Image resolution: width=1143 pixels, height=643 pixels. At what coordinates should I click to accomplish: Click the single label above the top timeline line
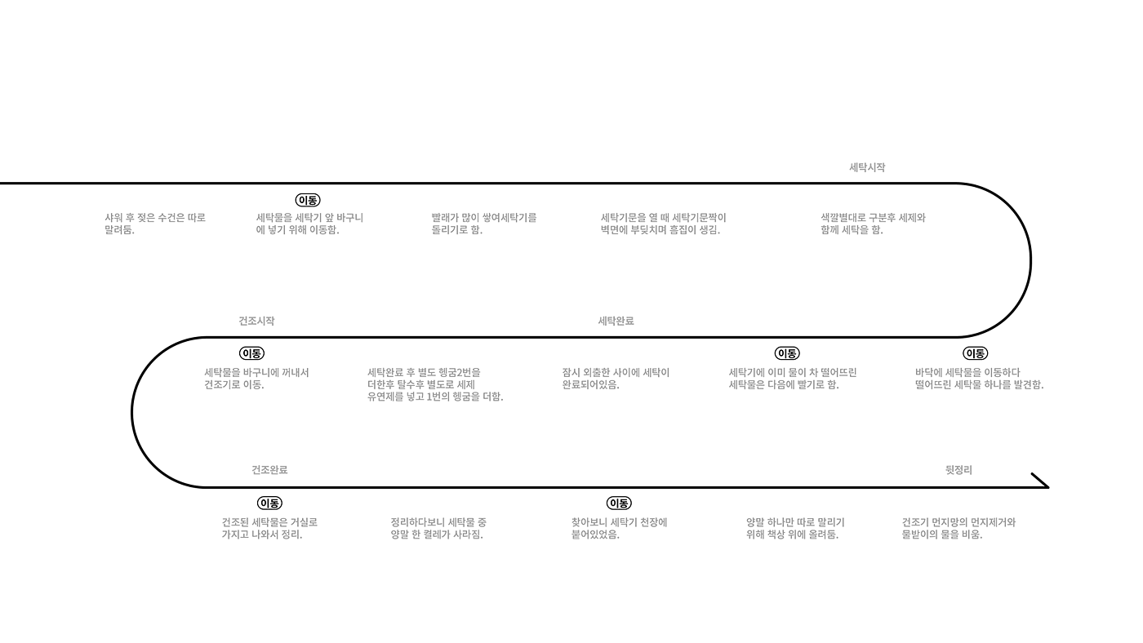[867, 167]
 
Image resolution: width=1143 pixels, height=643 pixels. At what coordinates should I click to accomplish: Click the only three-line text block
[434, 384]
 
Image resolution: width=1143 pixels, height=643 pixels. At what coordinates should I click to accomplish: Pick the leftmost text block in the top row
[154, 224]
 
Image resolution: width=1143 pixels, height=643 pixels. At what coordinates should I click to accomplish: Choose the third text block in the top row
[483, 224]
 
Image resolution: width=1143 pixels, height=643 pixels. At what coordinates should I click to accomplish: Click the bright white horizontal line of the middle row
[571, 338]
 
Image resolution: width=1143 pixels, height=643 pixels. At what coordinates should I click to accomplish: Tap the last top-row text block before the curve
[873, 224]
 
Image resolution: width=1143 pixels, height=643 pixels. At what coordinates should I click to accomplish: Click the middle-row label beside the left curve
[256, 321]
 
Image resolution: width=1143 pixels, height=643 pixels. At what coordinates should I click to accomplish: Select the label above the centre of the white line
[616, 321]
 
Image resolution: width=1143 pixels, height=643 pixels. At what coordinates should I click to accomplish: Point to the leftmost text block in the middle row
[256, 378]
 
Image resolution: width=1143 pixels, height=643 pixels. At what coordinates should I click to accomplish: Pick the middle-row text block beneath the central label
[614, 378]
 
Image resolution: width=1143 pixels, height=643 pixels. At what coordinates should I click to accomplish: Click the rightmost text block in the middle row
[979, 378]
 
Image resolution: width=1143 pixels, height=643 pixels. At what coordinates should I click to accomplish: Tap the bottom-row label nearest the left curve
[269, 470]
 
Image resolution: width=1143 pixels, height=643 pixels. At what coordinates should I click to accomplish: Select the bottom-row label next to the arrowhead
[958, 470]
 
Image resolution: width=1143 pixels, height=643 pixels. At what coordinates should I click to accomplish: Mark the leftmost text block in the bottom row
[269, 528]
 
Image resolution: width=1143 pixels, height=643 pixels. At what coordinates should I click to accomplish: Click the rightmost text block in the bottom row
[958, 528]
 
